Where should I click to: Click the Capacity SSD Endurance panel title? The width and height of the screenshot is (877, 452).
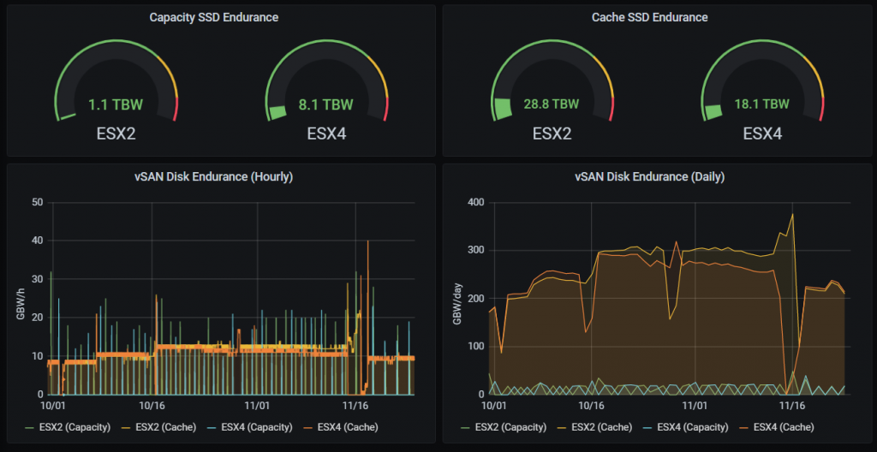click(213, 17)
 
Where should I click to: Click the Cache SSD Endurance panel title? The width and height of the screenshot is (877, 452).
click(649, 17)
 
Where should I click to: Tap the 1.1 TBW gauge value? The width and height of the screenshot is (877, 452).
click(116, 105)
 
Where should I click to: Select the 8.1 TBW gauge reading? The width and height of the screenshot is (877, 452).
click(325, 105)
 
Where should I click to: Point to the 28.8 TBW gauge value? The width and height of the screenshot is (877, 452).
click(552, 104)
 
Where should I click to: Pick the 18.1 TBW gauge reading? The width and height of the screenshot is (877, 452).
click(762, 104)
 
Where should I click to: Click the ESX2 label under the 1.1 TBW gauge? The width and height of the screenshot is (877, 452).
click(116, 134)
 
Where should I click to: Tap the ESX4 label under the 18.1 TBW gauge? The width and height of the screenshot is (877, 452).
click(762, 134)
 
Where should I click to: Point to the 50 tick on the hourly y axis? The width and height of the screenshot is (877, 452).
click(37, 203)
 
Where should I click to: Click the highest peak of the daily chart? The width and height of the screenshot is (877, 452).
click(793, 214)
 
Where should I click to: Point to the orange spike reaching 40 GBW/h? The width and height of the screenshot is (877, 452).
click(368, 241)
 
